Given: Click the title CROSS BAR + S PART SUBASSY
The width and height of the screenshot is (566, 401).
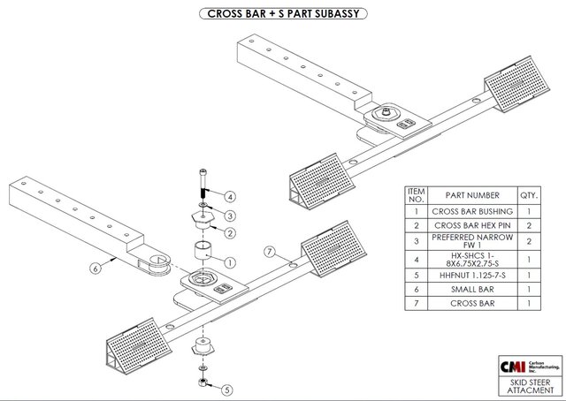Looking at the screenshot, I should (x=284, y=14).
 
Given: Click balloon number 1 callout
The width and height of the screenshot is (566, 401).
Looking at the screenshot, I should (x=229, y=262).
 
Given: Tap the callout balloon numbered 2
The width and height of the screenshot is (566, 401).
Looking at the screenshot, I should (x=229, y=232).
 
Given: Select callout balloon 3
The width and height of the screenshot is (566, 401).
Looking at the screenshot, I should (x=229, y=215).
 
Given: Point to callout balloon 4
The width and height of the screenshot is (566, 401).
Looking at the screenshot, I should (x=229, y=196).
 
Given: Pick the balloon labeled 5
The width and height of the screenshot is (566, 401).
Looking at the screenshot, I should (x=227, y=389).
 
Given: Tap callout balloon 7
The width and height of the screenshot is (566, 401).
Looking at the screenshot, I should (x=272, y=253).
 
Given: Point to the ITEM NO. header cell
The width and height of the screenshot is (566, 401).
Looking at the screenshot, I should (x=416, y=194).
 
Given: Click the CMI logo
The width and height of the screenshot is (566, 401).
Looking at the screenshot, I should (x=514, y=365).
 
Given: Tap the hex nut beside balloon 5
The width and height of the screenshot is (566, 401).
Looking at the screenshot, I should (x=203, y=382).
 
